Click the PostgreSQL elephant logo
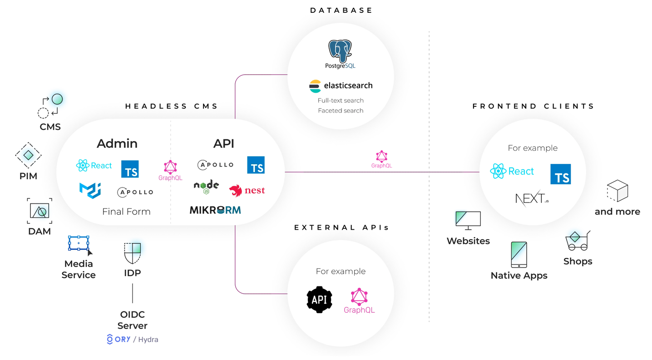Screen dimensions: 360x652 (340, 51)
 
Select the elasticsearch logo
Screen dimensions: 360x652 (341, 86)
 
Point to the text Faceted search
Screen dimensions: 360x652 (341, 110)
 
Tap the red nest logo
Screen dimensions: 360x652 (247, 191)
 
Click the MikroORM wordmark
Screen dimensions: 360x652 (215, 210)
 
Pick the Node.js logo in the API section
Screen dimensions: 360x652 (206, 186)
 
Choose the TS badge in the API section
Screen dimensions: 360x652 (256, 165)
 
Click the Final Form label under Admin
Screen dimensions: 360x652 (126, 212)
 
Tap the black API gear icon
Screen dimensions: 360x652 (320, 300)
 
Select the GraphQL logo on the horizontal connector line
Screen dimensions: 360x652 (381, 159)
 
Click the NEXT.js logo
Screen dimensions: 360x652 (532, 198)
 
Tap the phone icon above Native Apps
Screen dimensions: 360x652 (519, 254)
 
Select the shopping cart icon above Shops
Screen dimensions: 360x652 (577, 241)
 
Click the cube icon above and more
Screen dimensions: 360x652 (617, 191)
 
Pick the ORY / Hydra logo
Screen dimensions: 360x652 (132, 339)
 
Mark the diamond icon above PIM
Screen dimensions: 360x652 (28, 155)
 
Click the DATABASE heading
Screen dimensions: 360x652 (341, 10)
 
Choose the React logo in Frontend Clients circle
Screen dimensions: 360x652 (512, 171)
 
